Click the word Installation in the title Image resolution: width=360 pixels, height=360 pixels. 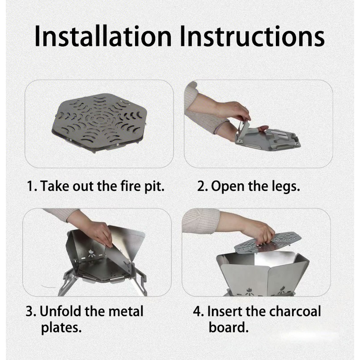tap(104, 36)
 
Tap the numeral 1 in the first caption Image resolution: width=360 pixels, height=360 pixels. tap(30, 186)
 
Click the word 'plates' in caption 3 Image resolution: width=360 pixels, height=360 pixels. tap(61, 327)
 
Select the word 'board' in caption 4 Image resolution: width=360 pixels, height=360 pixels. tap(228, 327)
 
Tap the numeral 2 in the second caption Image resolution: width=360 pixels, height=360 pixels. tap(201, 186)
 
